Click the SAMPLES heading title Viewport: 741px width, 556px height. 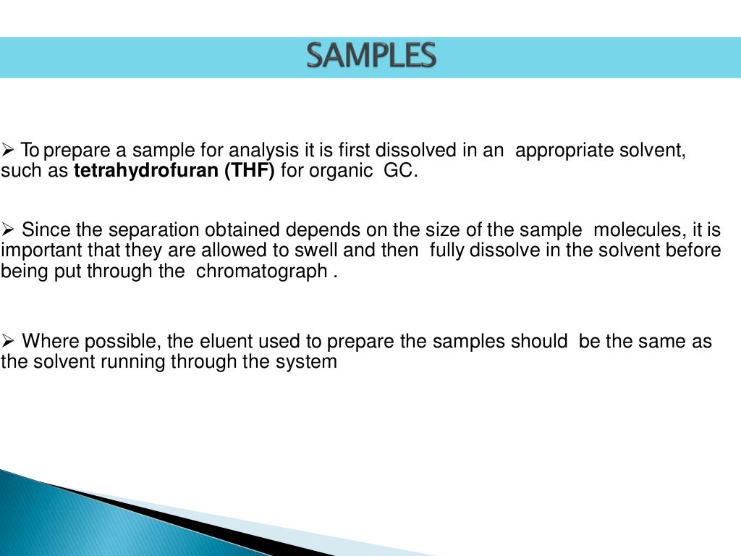(370, 56)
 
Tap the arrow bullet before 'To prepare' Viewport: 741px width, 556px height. (8, 151)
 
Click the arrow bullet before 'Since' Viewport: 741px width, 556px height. (8, 231)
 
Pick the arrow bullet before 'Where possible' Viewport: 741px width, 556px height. (8, 341)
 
